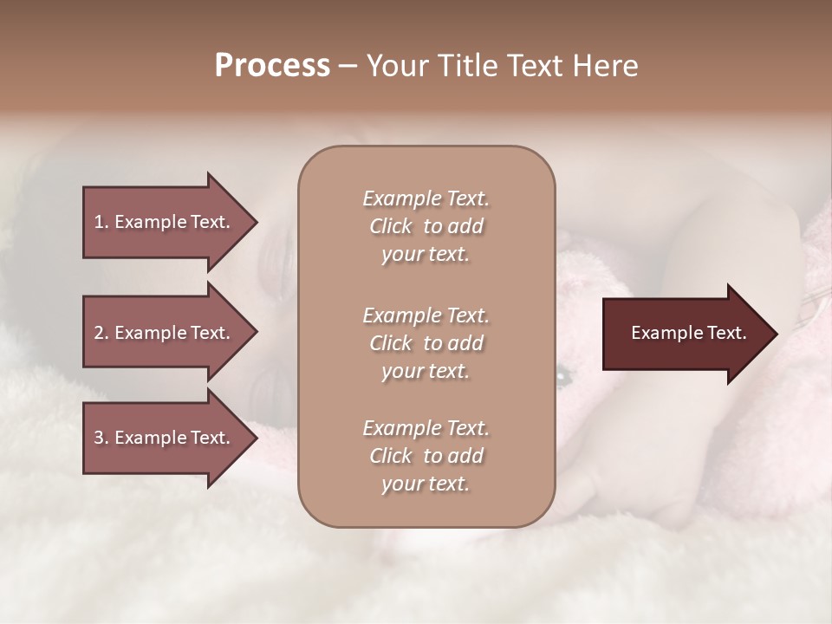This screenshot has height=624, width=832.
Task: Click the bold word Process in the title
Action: pos(272,66)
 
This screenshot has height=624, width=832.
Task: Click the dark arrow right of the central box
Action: pos(685,333)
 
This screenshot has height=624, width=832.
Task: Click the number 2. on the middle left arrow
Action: pos(101,333)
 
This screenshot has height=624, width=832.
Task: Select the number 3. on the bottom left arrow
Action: pos(101,438)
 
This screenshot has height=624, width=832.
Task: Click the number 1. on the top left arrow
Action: pos(101,222)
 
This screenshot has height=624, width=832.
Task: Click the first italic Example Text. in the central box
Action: pos(426,198)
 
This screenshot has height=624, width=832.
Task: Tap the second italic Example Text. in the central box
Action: pos(426,315)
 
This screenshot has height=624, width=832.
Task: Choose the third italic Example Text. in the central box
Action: pos(426,428)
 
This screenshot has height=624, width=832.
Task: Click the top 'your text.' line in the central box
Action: pos(426,255)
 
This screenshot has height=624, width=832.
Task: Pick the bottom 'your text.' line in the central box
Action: pos(426,484)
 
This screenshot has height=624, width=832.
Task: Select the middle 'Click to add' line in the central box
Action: pos(426,343)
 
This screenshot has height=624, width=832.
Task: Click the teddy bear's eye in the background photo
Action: pos(563,375)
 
